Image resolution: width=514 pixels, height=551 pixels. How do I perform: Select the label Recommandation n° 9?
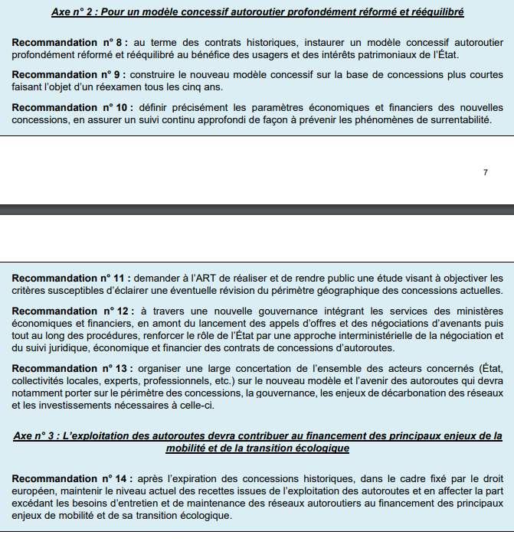(67, 75)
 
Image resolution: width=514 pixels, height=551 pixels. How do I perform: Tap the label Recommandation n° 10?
(70, 106)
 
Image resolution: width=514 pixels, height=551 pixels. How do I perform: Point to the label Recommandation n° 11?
(70, 277)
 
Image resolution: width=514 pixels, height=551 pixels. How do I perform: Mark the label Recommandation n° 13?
(70, 368)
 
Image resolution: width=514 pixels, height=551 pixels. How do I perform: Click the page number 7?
(485, 173)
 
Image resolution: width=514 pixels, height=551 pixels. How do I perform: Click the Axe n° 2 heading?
(257, 12)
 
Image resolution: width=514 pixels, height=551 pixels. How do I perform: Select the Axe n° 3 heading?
(257, 442)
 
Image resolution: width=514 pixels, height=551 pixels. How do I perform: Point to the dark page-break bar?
(257, 209)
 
